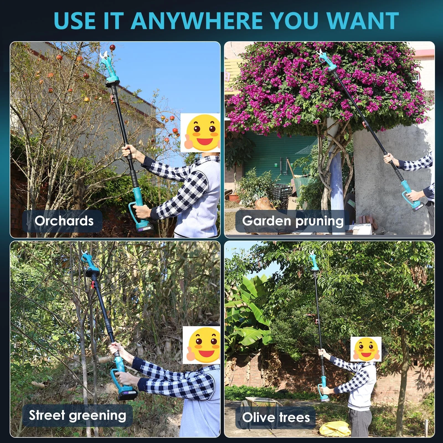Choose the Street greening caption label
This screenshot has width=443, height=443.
[78, 415]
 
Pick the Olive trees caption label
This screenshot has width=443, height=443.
[276, 417]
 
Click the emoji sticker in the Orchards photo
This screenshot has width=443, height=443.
[200, 133]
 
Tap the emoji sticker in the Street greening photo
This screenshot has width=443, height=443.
[202, 345]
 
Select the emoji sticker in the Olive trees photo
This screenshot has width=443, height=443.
[366, 349]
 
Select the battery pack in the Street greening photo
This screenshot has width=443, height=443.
[128, 393]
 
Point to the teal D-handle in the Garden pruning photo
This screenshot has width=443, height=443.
[410, 196]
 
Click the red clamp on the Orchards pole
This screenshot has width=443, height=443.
[112, 98]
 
